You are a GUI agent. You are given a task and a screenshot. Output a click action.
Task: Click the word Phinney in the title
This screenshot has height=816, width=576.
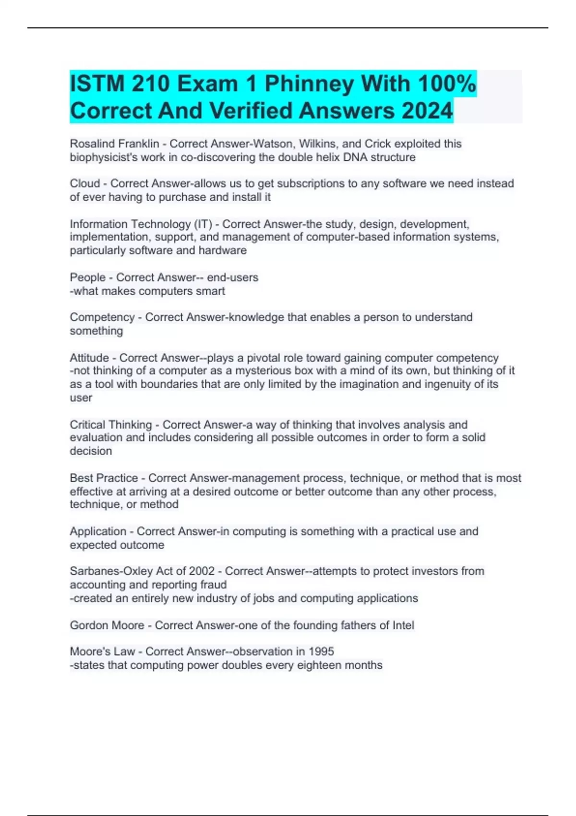coord(310,84)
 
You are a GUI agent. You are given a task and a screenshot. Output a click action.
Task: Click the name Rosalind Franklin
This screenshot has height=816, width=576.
coord(114,144)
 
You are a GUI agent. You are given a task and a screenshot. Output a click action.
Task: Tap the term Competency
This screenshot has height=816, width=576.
coord(102,317)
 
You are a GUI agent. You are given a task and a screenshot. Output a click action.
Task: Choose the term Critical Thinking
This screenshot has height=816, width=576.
coord(111,425)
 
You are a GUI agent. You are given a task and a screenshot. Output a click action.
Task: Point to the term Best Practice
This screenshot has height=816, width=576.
coord(104,478)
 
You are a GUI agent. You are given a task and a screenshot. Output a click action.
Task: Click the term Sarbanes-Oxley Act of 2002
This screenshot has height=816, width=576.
coord(142,571)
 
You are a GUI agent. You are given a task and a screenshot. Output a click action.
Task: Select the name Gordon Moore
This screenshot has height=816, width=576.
coord(107,625)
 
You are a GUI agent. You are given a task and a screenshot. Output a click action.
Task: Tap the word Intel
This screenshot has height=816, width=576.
coord(403,625)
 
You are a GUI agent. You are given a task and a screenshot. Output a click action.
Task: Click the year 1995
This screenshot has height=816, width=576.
coord(321,651)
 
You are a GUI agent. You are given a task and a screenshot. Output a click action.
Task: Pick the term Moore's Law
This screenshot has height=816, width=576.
coord(102,651)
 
